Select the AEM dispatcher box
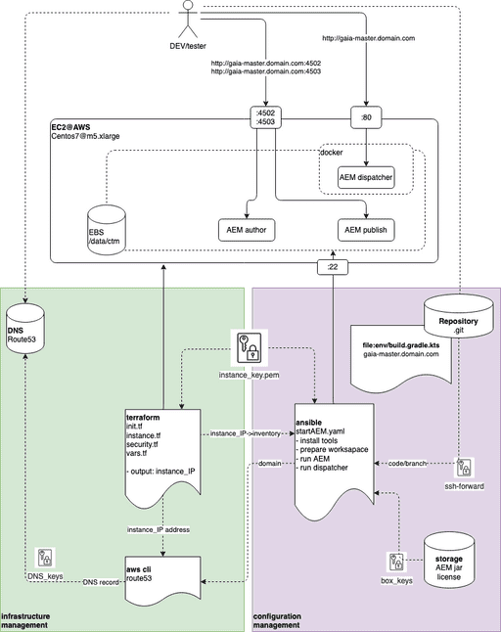click(x=367, y=177)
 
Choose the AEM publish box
click(x=367, y=230)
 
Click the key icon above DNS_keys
click(x=45, y=559)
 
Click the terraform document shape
click(x=160, y=449)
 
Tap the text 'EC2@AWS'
click(x=70, y=126)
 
